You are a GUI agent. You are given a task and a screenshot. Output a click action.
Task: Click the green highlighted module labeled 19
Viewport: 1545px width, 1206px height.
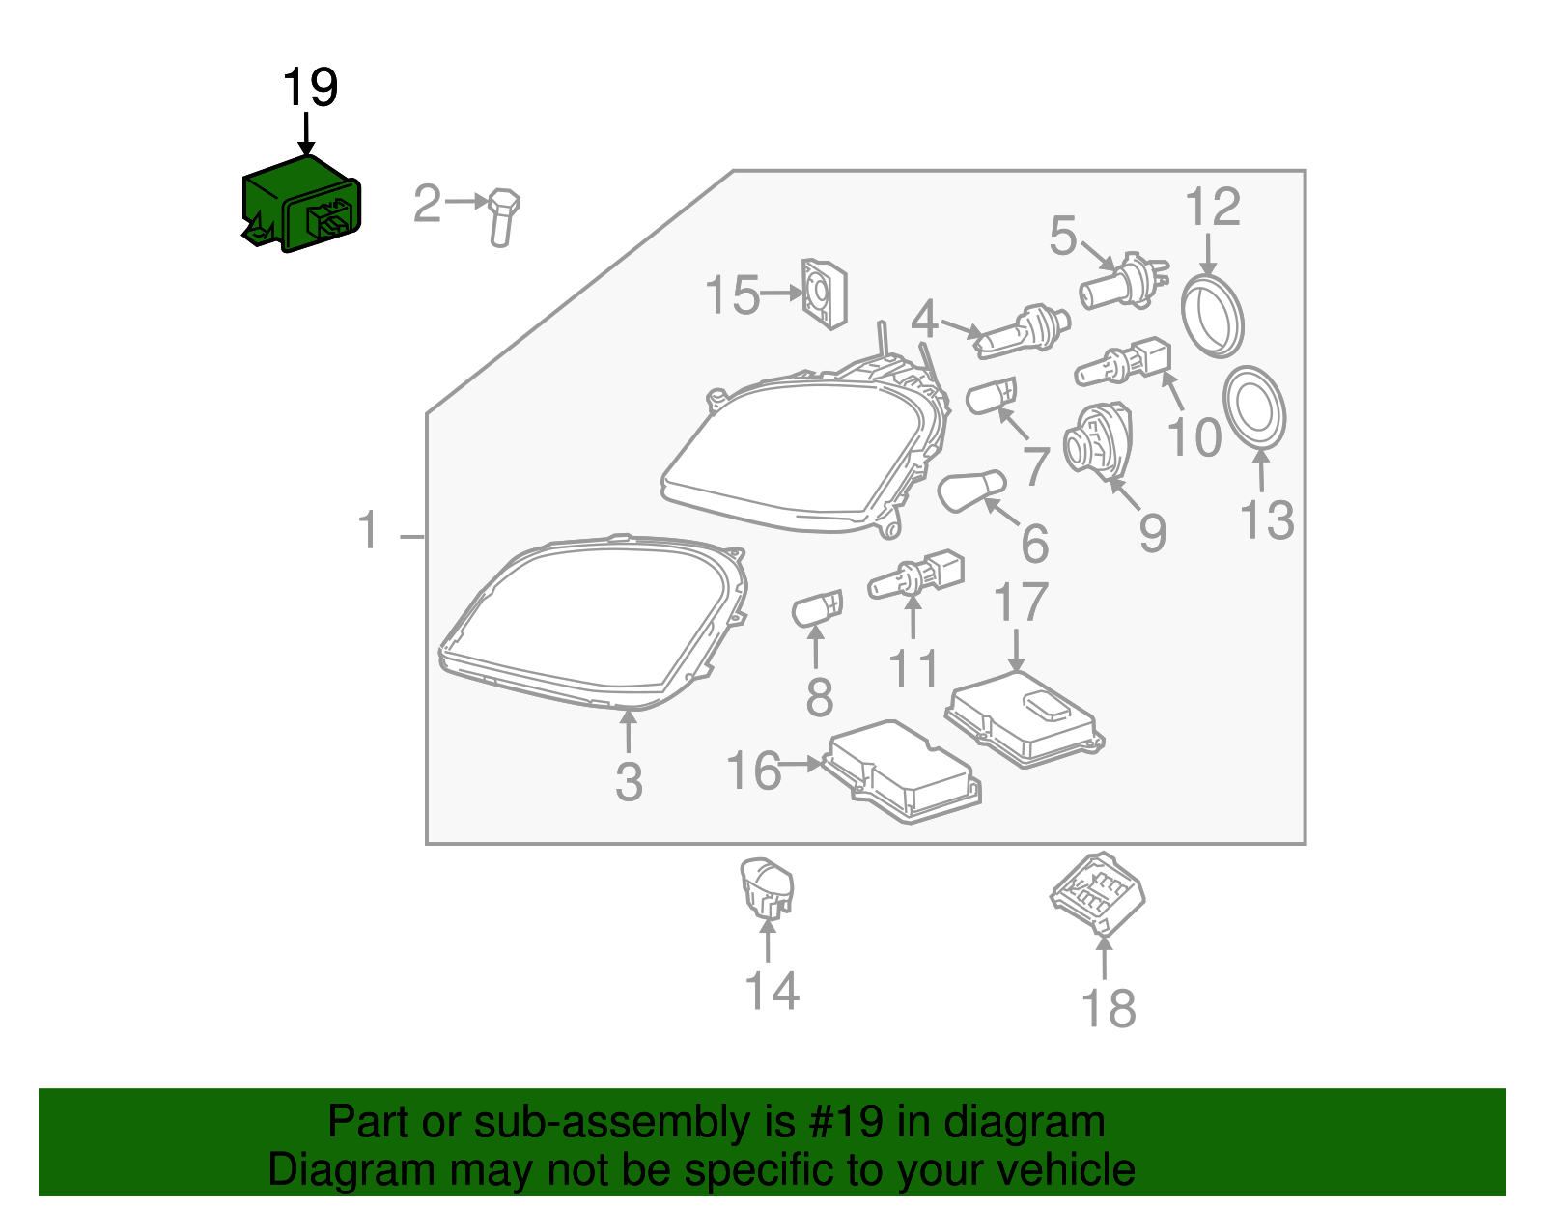coord(299,206)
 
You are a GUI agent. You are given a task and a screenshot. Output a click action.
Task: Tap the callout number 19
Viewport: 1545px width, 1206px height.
coord(310,88)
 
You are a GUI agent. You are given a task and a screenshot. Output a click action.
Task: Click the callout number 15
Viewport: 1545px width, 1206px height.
coord(732,294)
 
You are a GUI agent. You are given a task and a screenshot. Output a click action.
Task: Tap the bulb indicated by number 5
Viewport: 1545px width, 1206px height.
coord(1122,283)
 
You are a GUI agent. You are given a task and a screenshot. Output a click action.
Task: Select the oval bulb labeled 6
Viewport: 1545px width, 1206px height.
coord(970,491)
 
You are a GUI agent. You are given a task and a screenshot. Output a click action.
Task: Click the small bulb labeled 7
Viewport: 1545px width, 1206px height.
coord(991,397)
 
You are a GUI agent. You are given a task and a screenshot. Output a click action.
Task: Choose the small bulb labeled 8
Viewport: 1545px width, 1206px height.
coord(817,609)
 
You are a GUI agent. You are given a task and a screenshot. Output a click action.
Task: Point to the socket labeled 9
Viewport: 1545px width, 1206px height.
coord(1097,441)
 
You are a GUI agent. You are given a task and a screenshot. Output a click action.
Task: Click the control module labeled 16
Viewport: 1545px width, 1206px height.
coord(903,771)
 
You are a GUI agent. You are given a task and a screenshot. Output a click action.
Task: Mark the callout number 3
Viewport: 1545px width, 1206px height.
coord(629,781)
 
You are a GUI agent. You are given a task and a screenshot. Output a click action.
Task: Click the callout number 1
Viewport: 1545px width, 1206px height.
coord(369,531)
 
